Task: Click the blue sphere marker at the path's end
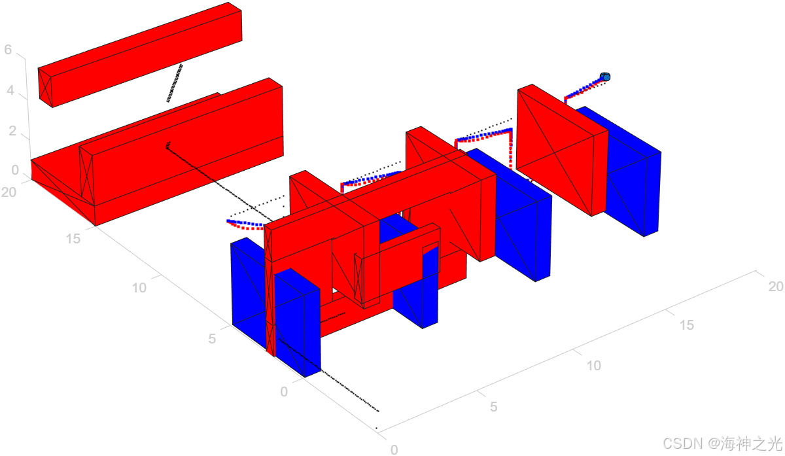(x=605, y=77)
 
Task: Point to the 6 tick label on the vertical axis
(x=8, y=50)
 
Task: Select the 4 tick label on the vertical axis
(x=10, y=90)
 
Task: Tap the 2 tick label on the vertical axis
(x=12, y=131)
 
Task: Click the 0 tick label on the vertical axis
(x=15, y=170)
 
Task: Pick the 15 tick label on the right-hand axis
(x=687, y=325)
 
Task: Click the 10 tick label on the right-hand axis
(x=594, y=366)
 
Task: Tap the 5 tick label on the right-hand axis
(x=494, y=407)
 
